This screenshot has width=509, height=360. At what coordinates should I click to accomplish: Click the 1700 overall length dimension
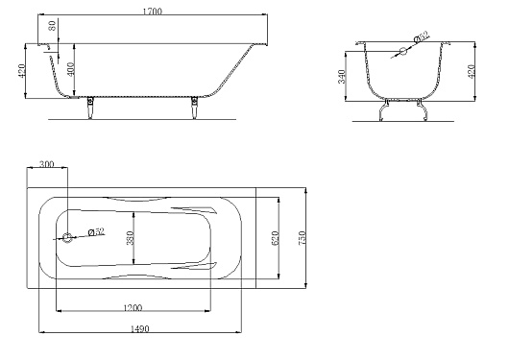click(x=153, y=11)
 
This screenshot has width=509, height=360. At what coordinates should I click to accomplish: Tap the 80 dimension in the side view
click(x=52, y=26)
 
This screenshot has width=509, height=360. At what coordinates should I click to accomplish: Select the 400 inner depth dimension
click(x=71, y=68)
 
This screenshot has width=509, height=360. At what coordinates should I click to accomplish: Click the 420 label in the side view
click(x=21, y=71)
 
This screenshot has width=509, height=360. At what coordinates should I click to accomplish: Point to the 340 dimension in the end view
click(x=342, y=76)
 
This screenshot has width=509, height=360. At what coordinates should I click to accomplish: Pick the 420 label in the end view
click(x=472, y=71)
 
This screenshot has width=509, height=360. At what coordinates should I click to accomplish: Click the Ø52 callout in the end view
click(x=422, y=36)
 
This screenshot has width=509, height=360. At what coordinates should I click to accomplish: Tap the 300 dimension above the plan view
click(x=46, y=164)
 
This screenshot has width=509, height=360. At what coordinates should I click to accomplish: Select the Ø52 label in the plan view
click(x=96, y=231)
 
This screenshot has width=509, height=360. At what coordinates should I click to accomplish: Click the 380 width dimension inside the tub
click(x=130, y=238)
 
